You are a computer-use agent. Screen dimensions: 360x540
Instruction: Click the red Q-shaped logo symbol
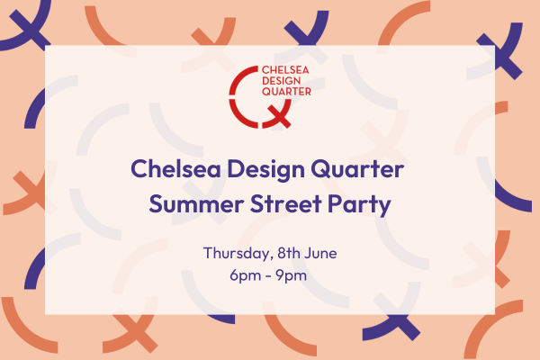pyautogui.click(x=253, y=97)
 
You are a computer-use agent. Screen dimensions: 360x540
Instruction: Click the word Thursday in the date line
pyautogui.click(x=234, y=252)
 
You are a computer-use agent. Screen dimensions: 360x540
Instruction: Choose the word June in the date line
pyautogui.click(x=320, y=252)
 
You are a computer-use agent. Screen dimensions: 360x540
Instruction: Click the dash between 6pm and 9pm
pyautogui.click(x=268, y=274)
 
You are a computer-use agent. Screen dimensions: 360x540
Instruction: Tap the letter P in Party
pyautogui.click(x=335, y=204)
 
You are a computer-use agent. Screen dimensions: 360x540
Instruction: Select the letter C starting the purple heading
pyautogui.click(x=139, y=169)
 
